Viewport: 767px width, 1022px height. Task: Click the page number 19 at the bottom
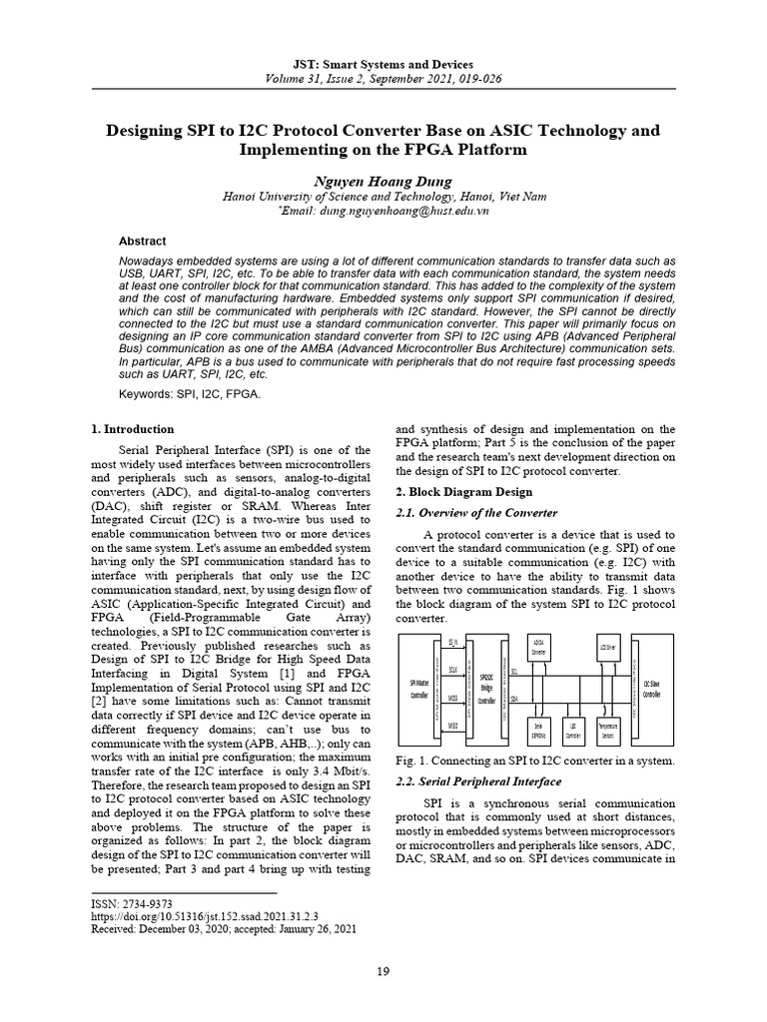[383, 971]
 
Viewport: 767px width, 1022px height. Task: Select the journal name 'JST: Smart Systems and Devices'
[383, 64]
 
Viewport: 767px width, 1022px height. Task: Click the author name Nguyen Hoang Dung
[383, 181]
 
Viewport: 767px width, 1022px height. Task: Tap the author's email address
[384, 212]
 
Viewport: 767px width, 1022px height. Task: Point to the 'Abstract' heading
[143, 242]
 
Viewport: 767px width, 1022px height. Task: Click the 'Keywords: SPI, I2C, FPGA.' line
[175, 394]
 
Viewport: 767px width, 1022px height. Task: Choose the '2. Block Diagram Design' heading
[464, 492]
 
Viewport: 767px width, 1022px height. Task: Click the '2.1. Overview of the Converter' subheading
[477, 513]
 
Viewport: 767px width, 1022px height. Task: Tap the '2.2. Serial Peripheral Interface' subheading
[478, 781]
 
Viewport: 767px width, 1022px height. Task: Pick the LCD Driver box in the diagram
[608, 646]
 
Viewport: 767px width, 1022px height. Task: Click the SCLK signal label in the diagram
[452, 671]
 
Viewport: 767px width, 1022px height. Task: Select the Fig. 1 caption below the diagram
[535, 762]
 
